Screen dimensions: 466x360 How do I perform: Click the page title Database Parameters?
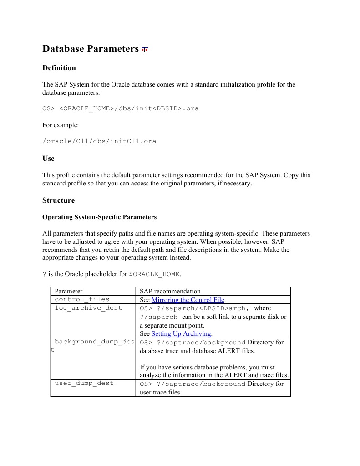(90, 49)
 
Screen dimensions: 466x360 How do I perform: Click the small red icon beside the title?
(145, 50)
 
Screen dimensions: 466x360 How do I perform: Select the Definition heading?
(59, 68)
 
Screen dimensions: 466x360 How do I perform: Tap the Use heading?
(48, 159)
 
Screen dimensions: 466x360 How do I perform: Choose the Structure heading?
(58, 200)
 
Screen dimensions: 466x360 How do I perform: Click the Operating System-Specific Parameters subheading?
(99, 217)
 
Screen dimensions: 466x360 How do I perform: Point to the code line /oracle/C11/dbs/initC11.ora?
(99, 141)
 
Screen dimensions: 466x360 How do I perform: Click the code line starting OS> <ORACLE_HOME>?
(120, 108)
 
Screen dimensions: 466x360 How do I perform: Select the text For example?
(61, 125)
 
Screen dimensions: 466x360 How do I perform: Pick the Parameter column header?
(69, 291)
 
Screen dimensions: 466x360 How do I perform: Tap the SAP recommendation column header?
(170, 291)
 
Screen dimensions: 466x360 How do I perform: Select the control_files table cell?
(82, 299)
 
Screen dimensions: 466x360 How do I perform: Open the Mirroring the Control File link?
(188, 300)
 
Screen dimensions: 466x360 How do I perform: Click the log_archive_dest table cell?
(88, 308)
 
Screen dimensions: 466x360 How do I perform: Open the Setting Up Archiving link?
(182, 333)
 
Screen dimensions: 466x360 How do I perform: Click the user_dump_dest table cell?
(84, 384)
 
